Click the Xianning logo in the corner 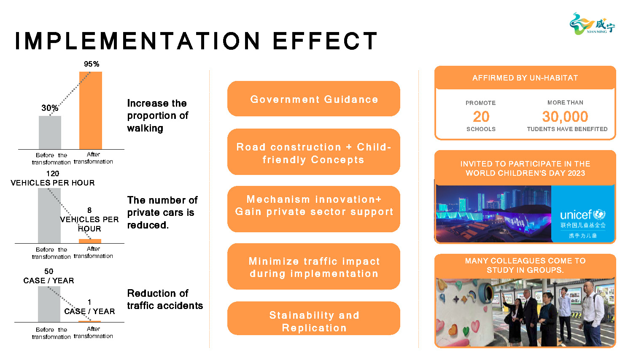(592, 24)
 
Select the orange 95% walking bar (91, 110)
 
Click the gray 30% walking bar (50, 132)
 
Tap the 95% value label (92, 64)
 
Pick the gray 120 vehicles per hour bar (49, 215)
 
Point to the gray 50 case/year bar (49, 304)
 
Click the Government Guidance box (314, 99)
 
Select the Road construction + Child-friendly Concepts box (314, 152)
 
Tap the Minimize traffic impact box (314, 266)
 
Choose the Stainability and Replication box (314, 319)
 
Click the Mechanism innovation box (314, 209)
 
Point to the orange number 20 (481, 116)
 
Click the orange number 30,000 (565, 117)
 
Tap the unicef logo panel (582, 214)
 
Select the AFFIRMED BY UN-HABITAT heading (525, 78)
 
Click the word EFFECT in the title (326, 41)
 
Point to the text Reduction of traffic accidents (165, 299)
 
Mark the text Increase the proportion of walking (158, 116)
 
